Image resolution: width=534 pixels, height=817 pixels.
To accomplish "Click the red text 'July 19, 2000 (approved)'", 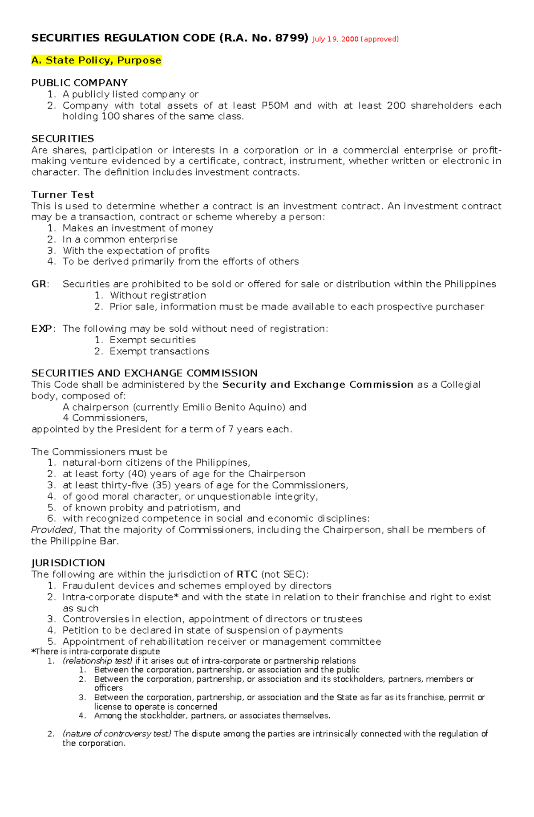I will pyautogui.click(x=355, y=39).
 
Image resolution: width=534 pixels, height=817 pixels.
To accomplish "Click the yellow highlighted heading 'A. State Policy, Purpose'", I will pyautogui.click(x=96, y=61).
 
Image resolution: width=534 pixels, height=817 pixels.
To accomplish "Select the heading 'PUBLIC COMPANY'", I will pyautogui.click(x=79, y=83).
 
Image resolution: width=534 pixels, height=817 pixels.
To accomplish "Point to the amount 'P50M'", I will pyautogui.click(x=275, y=106).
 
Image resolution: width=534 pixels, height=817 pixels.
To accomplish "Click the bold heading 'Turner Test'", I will pyautogui.click(x=62, y=195).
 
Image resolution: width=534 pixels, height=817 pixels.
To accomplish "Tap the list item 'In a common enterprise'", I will pyautogui.click(x=120, y=240).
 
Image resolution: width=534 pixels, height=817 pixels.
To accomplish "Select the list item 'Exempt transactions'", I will pyautogui.click(x=159, y=351).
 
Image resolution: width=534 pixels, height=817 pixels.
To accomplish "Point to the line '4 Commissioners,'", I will pyautogui.click(x=105, y=418).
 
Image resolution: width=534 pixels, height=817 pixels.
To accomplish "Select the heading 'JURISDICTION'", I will pyautogui.click(x=68, y=563).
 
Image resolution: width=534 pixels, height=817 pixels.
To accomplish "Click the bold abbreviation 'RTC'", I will pyautogui.click(x=247, y=574).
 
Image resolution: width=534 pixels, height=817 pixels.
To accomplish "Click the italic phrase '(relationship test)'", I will pyautogui.click(x=97, y=661).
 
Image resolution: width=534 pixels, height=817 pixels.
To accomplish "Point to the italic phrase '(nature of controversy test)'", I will pyautogui.click(x=117, y=734).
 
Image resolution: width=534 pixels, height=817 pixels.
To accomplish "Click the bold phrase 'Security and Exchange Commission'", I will pyautogui.click(x=318, y=385).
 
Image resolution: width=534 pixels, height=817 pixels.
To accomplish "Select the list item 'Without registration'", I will pyautogui.click(x=158, y=295).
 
